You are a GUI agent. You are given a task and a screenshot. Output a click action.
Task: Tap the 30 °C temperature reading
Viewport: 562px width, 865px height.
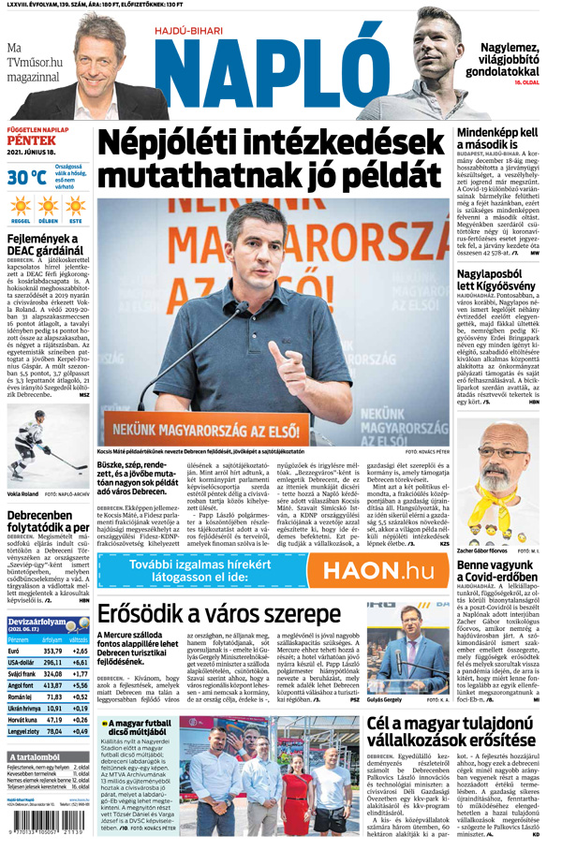point(26,176)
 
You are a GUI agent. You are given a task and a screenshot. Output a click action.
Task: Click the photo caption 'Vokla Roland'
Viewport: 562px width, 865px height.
point(22,491)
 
